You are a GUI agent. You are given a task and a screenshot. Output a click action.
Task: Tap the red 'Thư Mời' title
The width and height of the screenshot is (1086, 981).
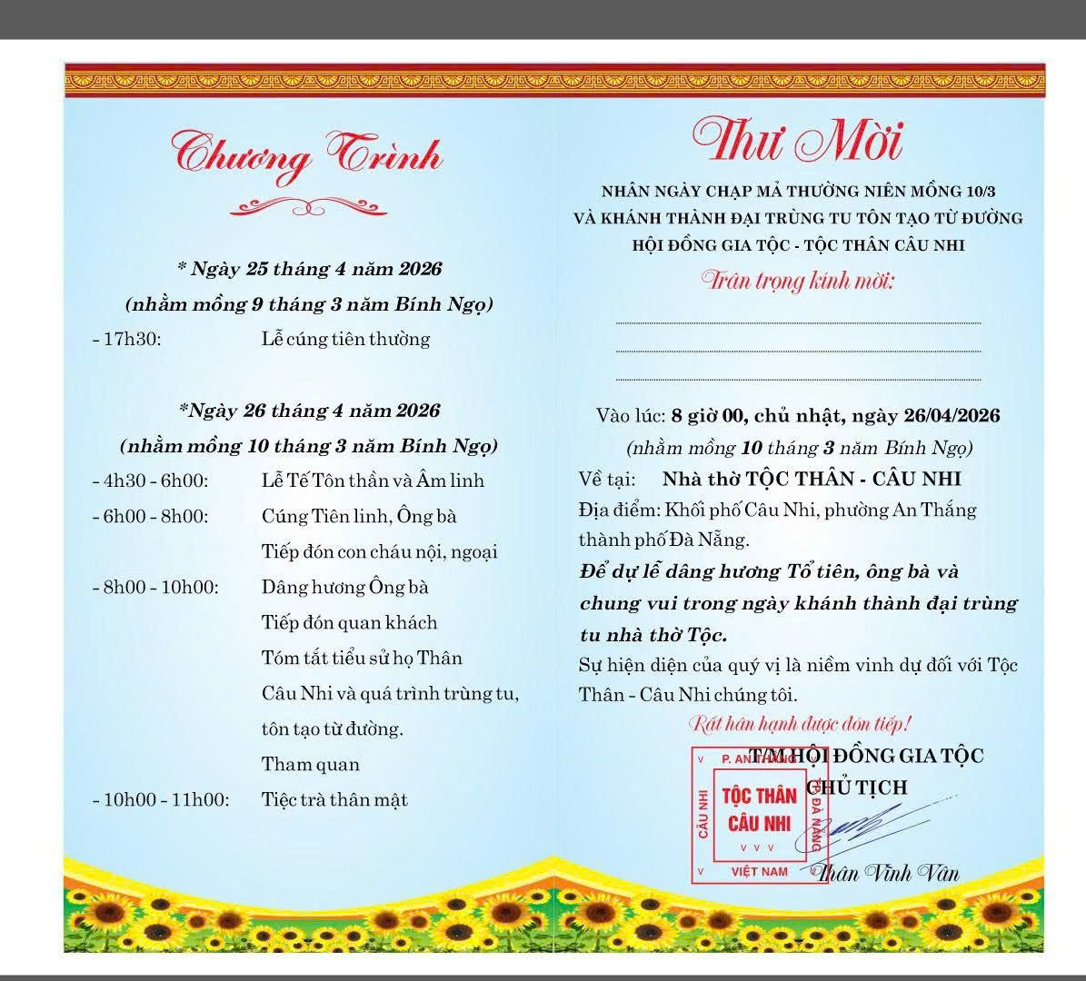[797, 141]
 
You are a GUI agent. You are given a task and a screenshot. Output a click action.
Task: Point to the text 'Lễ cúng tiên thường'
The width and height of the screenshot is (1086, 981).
[345, 340]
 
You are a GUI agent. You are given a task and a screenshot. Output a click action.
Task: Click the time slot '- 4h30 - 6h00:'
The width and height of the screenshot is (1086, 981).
[150, 481]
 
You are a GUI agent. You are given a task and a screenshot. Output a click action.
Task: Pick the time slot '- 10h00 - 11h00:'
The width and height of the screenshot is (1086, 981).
[161, 800]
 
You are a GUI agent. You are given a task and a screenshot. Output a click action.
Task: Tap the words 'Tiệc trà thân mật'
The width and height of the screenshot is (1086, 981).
[334, 800]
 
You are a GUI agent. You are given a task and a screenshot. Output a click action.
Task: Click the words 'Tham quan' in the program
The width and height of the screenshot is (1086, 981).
[310, 765]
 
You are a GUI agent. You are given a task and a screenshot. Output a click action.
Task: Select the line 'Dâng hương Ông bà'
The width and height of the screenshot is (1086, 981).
[344, 587]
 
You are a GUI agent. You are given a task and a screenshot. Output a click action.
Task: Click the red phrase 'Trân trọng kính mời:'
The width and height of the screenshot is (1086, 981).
[798, 280]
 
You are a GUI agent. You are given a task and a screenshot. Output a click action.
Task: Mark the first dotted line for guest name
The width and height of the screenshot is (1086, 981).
[798, 322]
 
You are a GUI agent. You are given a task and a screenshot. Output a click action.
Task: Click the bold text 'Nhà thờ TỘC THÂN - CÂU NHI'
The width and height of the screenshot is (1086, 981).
[811, 479]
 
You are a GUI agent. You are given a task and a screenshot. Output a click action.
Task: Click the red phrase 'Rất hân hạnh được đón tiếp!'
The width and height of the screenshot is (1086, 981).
[800, 724]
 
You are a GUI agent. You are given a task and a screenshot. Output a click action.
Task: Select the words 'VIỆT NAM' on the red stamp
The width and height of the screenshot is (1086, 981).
[760, 872]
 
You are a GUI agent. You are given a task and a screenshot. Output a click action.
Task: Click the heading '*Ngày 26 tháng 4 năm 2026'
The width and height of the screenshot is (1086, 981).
[309, 411]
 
